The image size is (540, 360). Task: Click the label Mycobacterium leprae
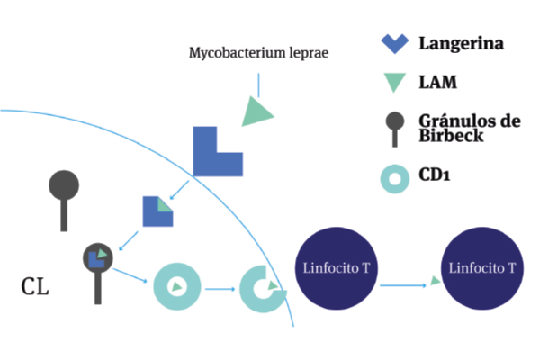(258, 52)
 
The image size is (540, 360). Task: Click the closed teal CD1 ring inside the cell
(176, 287)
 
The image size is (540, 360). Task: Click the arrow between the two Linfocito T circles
(405, 284)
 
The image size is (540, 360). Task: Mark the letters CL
(35, 288)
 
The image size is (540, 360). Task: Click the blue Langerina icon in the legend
(396, 43)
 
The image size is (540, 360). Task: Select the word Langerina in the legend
(460, 43)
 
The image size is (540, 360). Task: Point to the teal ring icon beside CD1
(396, 176)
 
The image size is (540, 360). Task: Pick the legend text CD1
(435, 176)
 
